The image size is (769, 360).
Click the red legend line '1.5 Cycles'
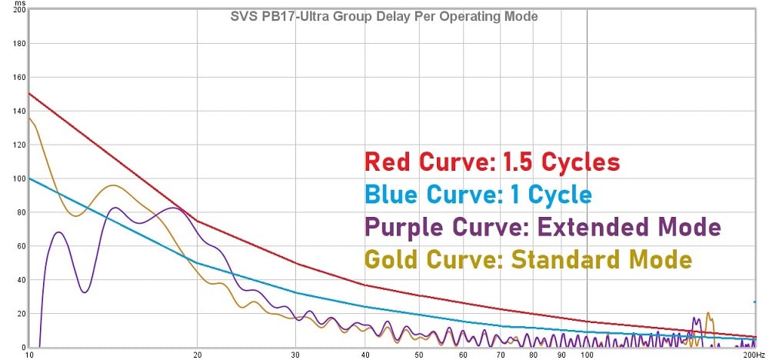pos(491,162)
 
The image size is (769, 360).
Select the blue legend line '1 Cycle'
pos(478,195)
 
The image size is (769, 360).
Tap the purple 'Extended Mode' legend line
pos(543,227)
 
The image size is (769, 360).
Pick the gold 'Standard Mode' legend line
pos(528,259)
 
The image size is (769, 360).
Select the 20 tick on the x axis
pos(198,355)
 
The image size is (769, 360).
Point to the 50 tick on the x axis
pos(418,355)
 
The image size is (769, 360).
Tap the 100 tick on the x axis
pos(587,355)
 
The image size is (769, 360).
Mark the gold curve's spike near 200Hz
pos(708,313)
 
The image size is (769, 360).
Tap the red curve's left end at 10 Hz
pos(29,94)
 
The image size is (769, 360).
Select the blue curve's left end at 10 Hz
pos(29,178)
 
